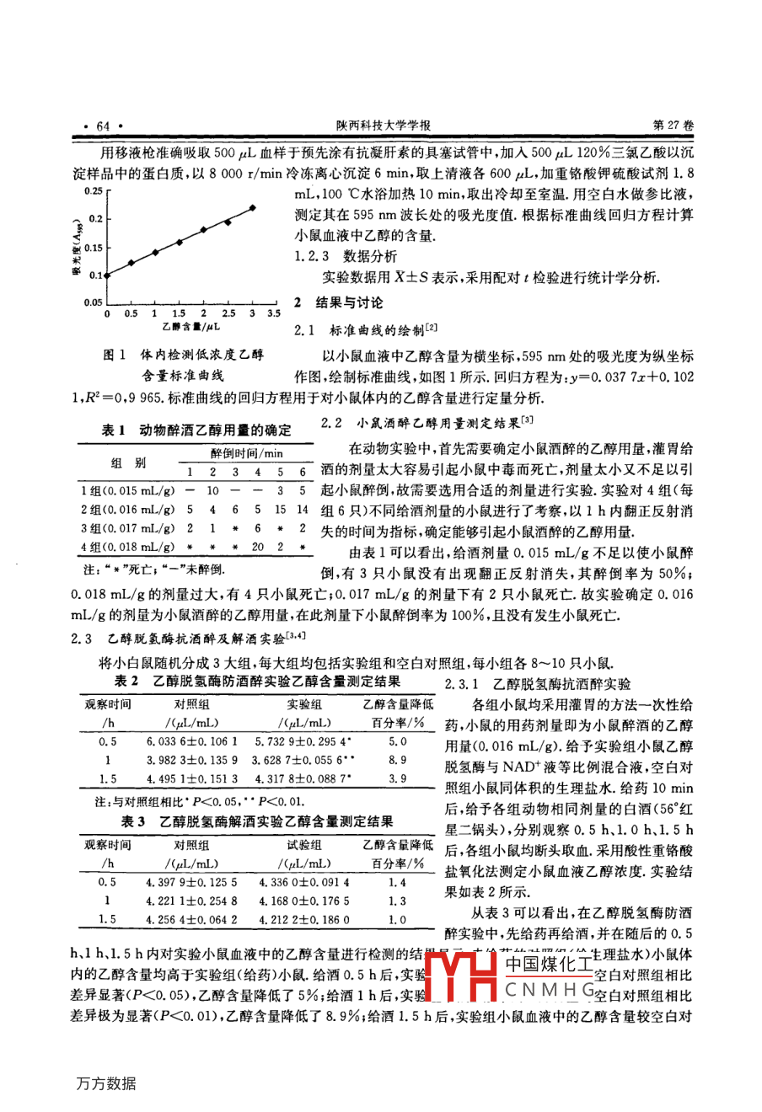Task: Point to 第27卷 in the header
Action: [674, 125]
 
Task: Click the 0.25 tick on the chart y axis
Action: [92, 191]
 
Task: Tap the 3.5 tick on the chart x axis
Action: [274, 313]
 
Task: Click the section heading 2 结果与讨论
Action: [337, 302]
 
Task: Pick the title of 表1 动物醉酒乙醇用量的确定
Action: [196, 430]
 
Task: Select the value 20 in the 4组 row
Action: [257, 546]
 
